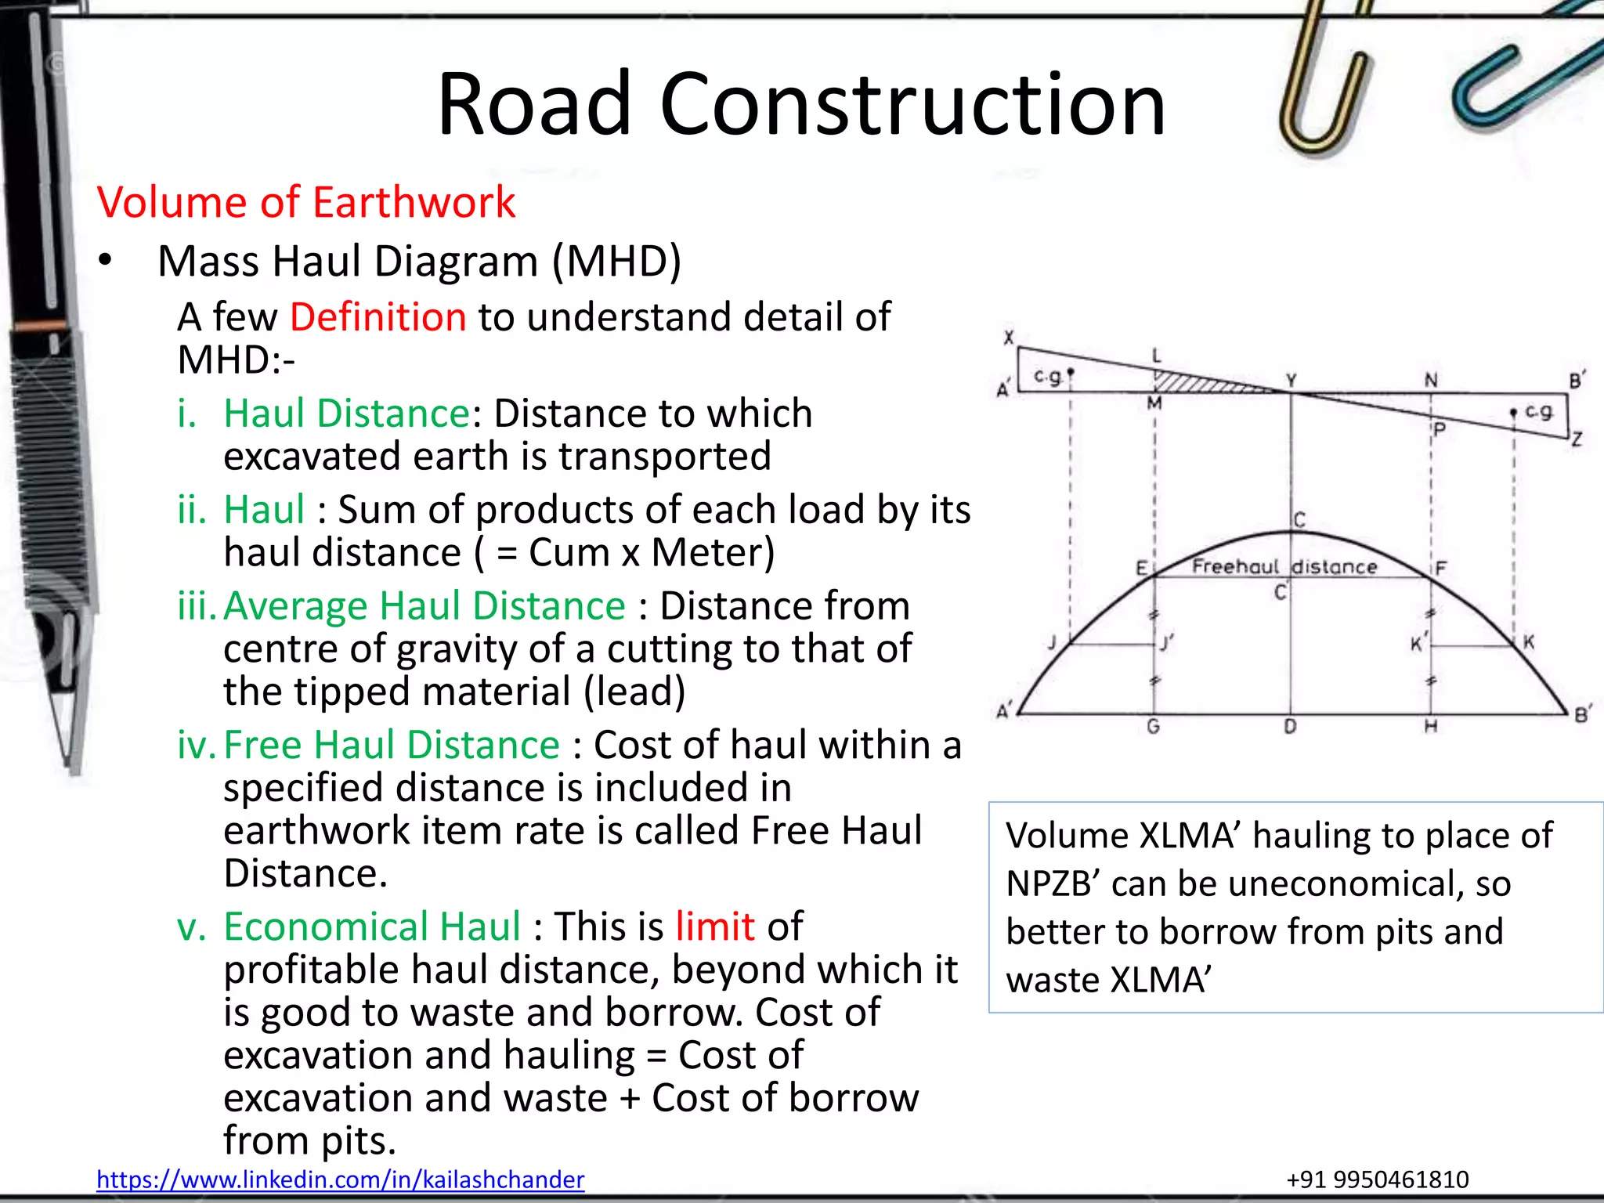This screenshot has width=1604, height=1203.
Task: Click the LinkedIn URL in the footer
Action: [340, 1179]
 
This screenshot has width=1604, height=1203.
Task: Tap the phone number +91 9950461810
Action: [1378, 1179]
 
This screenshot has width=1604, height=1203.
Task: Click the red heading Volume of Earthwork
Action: [306, 202]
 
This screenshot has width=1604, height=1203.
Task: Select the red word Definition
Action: [378, 317]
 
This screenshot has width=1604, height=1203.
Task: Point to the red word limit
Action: [715, 927]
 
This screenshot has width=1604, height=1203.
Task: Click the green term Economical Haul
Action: [372, 927]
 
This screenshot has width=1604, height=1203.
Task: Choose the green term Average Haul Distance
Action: [424, 606]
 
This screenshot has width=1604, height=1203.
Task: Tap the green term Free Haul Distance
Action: [392, 745]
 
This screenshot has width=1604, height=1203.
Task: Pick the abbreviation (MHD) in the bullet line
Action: [616, 261]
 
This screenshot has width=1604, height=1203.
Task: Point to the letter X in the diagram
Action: [1009, 338]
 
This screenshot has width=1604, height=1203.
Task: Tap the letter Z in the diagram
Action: [1577, 439]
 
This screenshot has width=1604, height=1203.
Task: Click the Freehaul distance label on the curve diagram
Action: [1284, 566]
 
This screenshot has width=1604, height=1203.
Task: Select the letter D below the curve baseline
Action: [1290, 727]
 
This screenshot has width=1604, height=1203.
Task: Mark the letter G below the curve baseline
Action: [1153, 727]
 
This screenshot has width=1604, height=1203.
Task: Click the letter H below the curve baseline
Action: [1430, 727]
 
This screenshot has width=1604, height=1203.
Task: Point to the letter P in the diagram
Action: [1438, 429]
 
